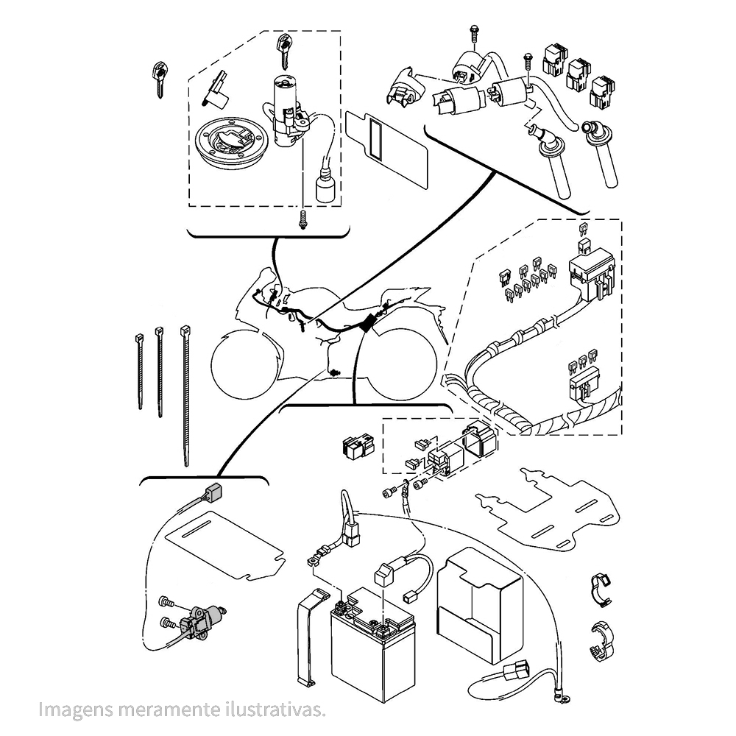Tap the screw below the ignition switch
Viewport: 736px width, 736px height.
point(302,219)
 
